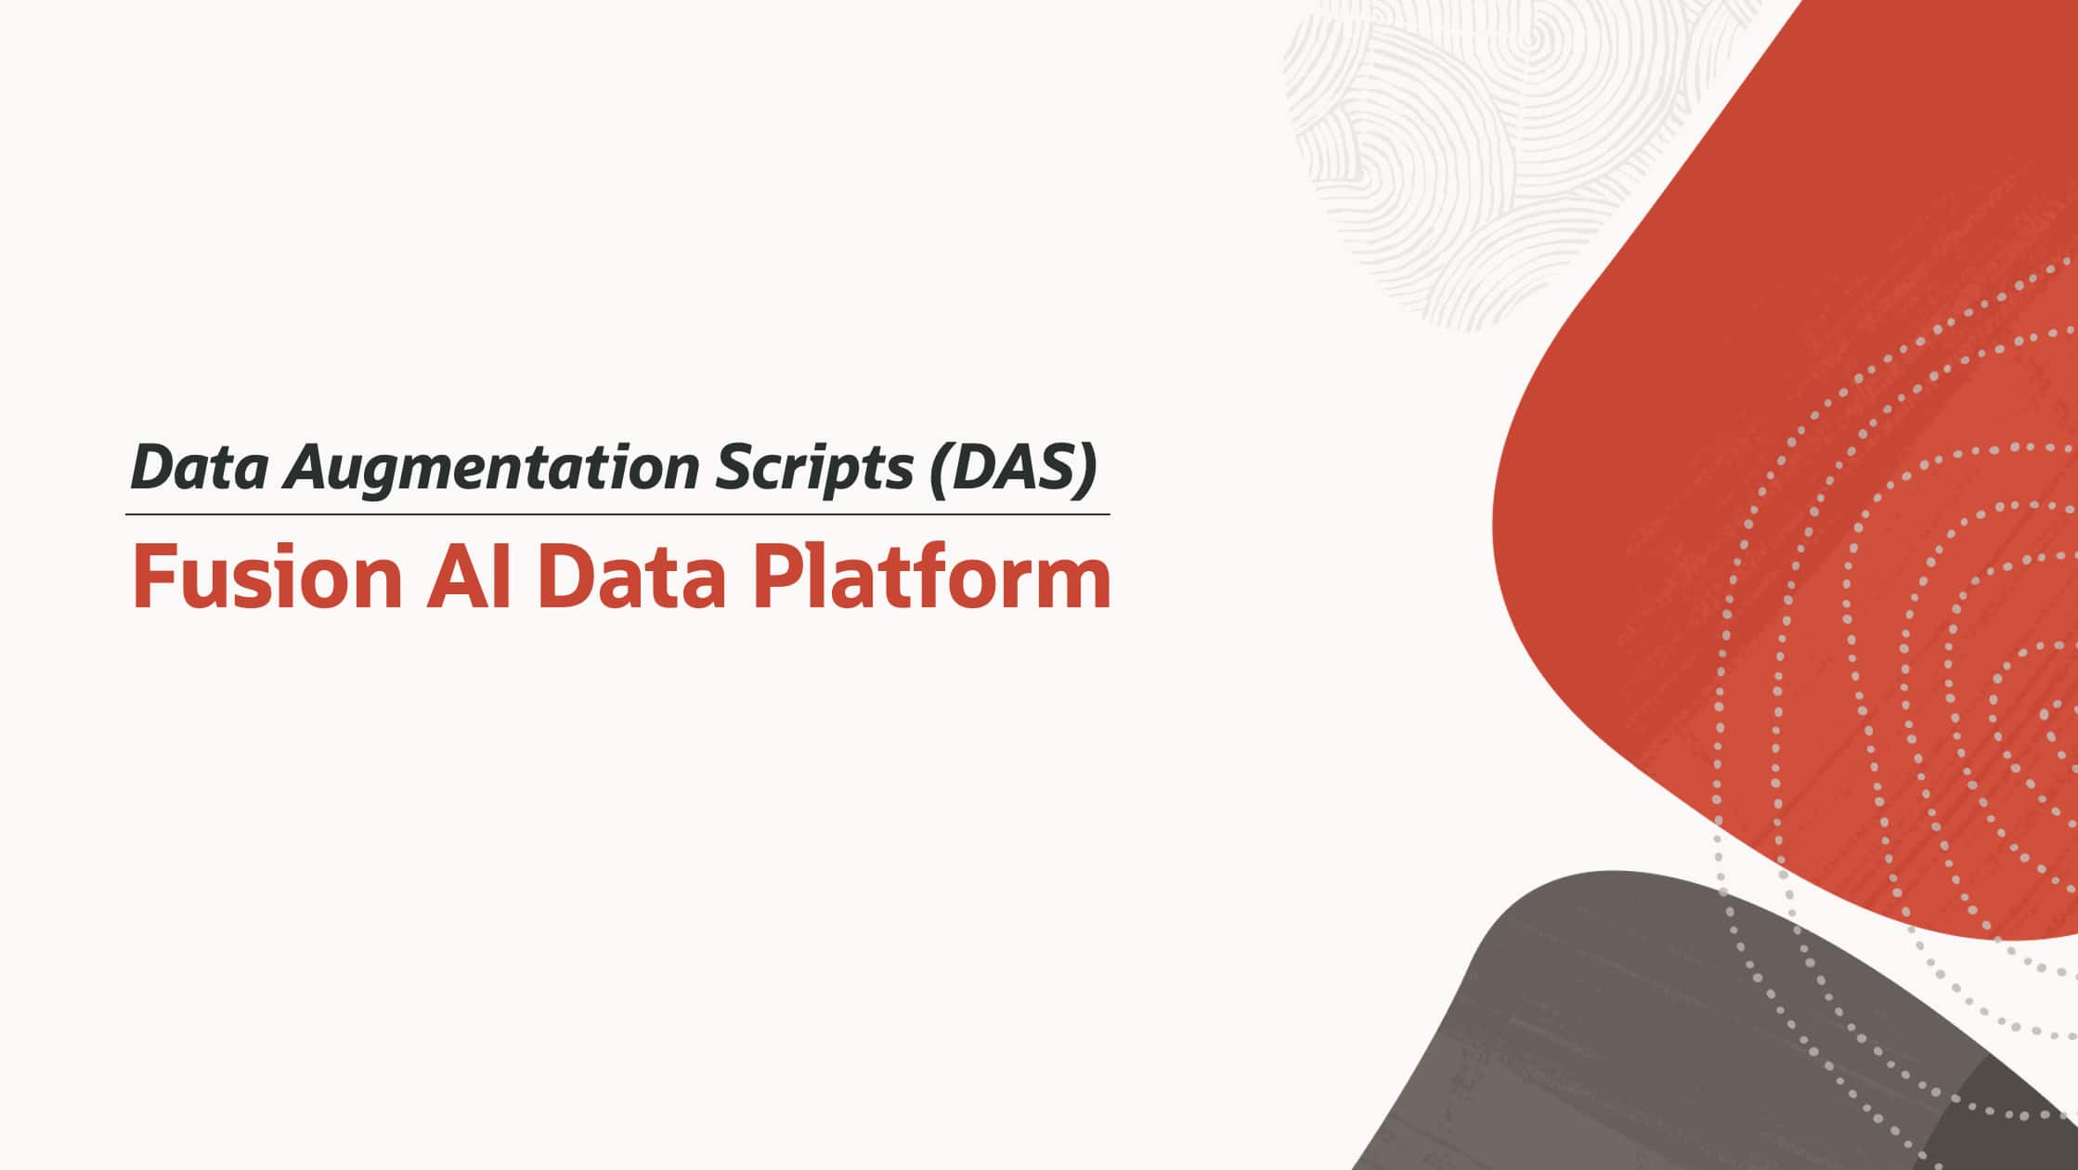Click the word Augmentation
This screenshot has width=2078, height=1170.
tap(491, 468)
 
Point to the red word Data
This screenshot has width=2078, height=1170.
tap(630, 578)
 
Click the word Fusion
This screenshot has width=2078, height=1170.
tap(267, 578)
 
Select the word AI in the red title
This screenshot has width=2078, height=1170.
tap(468, 578)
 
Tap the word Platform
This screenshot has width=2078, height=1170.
tap(931, 578)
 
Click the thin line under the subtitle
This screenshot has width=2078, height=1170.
tap(617, 513)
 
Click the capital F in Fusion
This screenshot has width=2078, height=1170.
tap(152, 578)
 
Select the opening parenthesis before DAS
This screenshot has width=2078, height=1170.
tap(940, 468)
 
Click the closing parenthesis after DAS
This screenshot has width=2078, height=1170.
tap(1087, 468)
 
